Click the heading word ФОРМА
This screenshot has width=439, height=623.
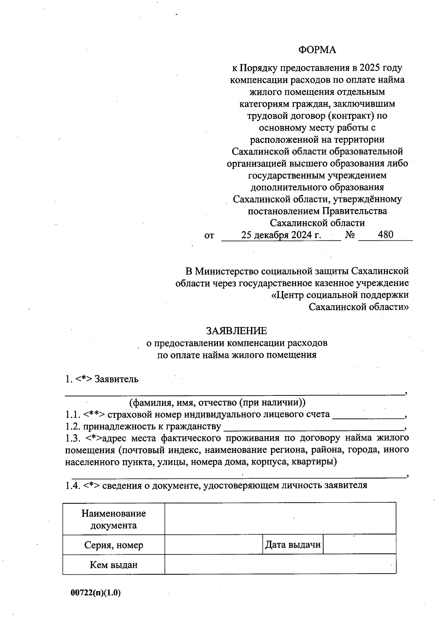pyautogui.click(x=317, y=50)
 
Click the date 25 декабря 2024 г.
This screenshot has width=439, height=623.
pyautogui.click(x=281, y=235)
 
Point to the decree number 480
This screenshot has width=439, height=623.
pyautogui.click(x=386, y=234)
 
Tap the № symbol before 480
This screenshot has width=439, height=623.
pyautogui.click(x=350, y=235)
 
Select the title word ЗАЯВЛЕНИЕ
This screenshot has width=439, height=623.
pyautogui.click(x=237, y=331)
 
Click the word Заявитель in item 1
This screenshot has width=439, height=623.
pyautogui.click(x=116, y=379)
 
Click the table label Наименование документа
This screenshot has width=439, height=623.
pyautogui.click(x=114, y=519)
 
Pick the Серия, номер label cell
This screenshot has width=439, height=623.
pyautogui.click(x=114, y=545)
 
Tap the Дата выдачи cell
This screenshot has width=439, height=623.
pyautogui.click(x=293, y=545)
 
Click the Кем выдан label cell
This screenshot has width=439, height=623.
pyautogui.click(x=114, y=565)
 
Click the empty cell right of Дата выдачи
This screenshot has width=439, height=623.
pyautogui.click(x=360, y=545)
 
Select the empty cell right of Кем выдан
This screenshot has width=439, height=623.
pyautogui.click(x=280, y=565)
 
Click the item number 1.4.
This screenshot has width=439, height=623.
pyautogui.click(x=72, y=486)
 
